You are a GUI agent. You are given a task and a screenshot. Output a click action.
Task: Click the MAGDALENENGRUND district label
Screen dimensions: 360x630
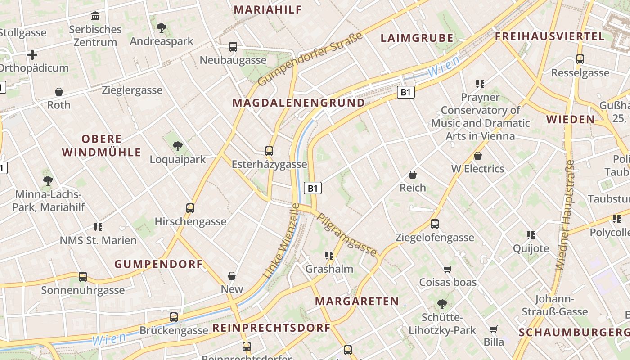(x=298, y=103)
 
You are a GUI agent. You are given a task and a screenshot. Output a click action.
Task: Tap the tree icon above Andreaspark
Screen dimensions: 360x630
(x=161, y=28)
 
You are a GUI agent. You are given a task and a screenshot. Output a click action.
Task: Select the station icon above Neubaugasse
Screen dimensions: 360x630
(x=233, y=46)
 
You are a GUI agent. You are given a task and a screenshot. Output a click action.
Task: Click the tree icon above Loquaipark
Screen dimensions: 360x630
(x=178, y=146)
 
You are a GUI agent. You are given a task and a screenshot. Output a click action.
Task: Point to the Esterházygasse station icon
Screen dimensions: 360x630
(x=269, y=151)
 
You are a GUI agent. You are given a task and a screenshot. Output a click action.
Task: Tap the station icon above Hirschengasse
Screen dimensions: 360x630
(x=190, y=208)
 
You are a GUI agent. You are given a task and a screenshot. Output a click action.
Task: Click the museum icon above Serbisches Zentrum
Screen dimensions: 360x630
(x=95, y=16)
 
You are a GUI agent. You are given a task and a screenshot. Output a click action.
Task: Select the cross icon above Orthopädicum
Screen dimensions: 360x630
(x=32, y=55)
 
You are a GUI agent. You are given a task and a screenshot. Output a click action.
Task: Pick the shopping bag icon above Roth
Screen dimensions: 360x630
(x=59, y=92)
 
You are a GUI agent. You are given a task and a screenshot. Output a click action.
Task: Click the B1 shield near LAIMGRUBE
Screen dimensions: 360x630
(x=406, y=92)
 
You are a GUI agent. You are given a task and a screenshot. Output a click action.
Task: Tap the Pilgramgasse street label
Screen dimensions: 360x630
(x=347, y=234)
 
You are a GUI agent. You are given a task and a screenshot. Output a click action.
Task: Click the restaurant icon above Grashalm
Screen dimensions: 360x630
(x=329, y=256)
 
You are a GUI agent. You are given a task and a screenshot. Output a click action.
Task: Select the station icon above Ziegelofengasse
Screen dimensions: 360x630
(x=435, y=224)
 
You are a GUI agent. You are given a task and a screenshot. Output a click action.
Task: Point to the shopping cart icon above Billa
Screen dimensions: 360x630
(x=494, y=328)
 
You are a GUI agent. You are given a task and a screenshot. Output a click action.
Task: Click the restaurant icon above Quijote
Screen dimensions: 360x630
(x=531, y=235)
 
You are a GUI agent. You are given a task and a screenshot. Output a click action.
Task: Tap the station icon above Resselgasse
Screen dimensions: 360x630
(x=580, y=59)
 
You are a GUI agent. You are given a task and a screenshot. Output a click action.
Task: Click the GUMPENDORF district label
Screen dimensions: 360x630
(x=159, y=264)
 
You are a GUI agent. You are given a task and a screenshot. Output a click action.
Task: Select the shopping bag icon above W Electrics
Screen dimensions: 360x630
(x=478, y=156)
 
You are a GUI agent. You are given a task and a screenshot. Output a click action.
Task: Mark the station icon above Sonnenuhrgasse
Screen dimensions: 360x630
(x=83, y=277)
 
